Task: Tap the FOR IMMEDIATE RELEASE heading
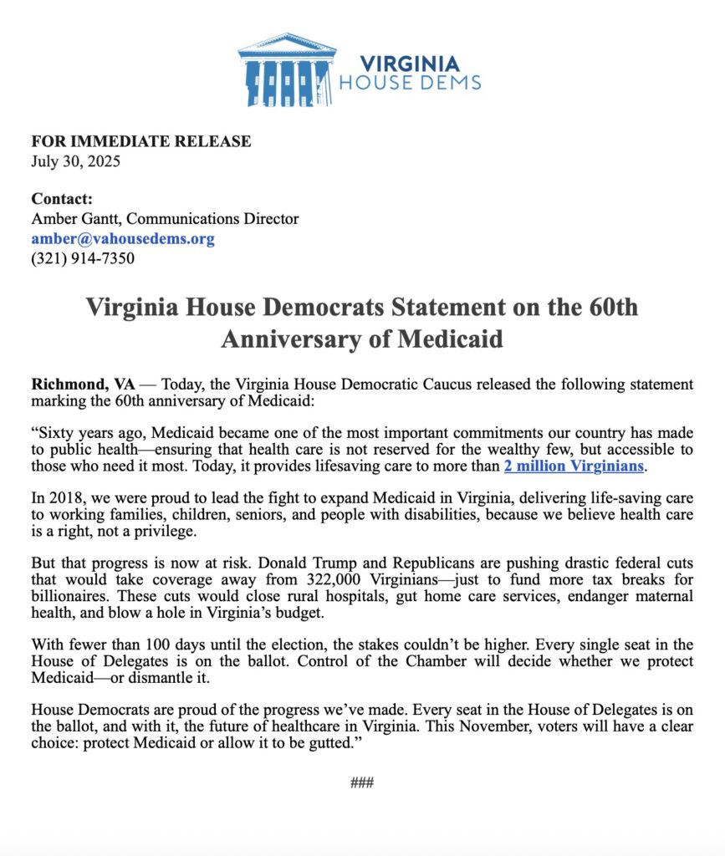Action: [140, 141]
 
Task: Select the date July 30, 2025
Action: [75, 161]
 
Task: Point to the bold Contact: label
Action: [62, 199]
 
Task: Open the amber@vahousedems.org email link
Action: [123, 239]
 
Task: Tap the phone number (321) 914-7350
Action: [83, 259]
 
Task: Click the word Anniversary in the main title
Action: [302, 340]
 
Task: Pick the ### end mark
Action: [361, 782]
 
